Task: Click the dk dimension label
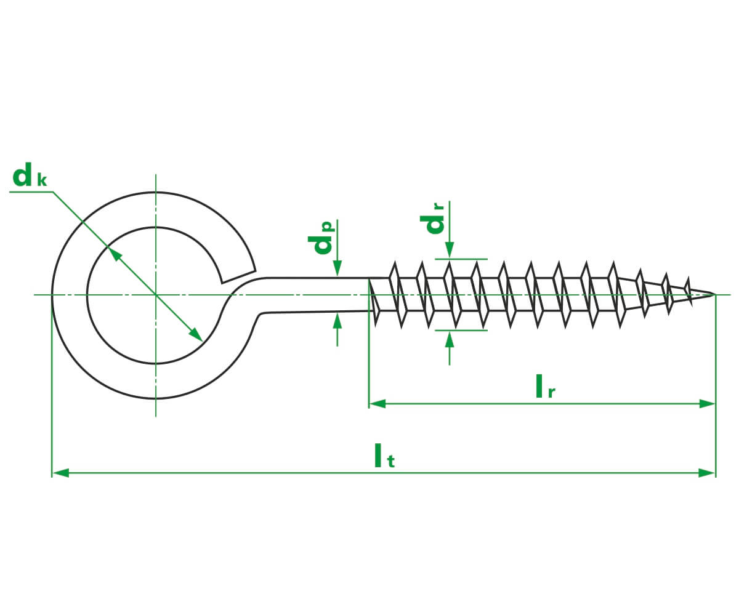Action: [30, 174]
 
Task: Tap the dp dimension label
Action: [321, 237]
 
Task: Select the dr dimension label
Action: [432, 219]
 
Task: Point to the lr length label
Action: [546, 387]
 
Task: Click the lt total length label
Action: [385, 456]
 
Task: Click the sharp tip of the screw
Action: [715, 294]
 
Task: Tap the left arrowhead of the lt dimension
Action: [60, 473]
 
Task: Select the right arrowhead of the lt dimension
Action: [707, 473]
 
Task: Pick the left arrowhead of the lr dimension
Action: [378, 403]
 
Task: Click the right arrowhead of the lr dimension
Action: [707, 403]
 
